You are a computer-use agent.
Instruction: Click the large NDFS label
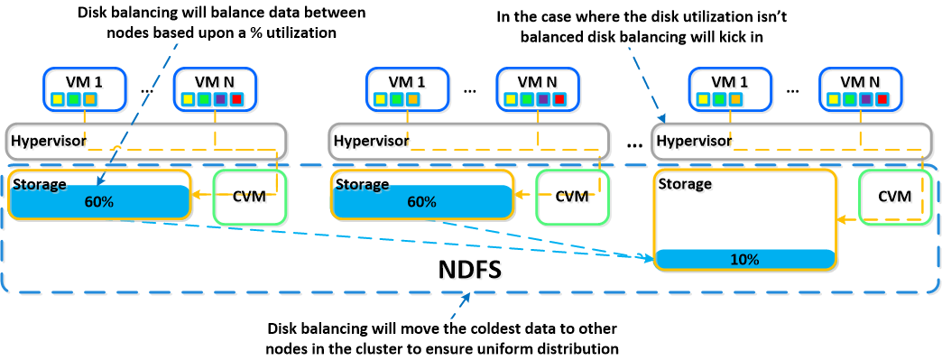tap(466, 272)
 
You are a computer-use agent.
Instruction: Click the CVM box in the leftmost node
tap(249, 198)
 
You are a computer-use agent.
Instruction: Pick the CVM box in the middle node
tap(571, 198)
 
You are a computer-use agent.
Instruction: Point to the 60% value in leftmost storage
tap(100, 202)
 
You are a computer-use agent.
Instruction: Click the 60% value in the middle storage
tap(422, 202)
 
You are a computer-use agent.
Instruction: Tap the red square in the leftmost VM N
tap(236, 98)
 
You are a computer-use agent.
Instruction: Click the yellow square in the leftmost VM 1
tap(57, 98)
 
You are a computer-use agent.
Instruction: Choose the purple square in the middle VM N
tap(544, 98)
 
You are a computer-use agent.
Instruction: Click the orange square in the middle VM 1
tap(412, 98)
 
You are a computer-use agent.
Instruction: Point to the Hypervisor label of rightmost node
tap(695, 142)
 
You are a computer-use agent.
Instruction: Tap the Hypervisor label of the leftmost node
tap(49, 142)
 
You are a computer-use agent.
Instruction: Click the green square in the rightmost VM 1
tap(720, 98)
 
